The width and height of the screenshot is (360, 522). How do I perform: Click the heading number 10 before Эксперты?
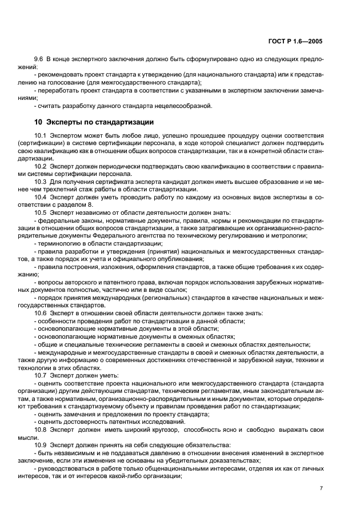(38, 122)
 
